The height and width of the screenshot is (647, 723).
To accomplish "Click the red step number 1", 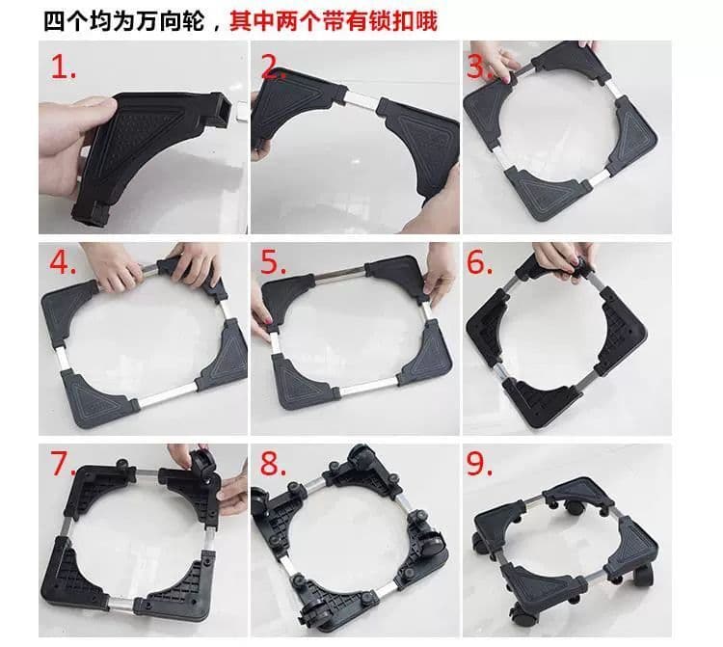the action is pyautogui.click(x=64, y=67).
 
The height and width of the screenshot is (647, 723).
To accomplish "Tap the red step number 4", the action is pyautogui.click(x=63, y=263).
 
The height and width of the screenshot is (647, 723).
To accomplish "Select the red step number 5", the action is pyautogui.click(x=274, y=263).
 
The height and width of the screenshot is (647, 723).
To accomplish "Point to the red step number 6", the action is pyautogui.click(x=480, y=263).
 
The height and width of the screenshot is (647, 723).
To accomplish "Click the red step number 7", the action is pyautogui.click(x=64, y=465).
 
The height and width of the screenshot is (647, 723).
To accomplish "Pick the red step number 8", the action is pyautogui.click(x=274, y=465).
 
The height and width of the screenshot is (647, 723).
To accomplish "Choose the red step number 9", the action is pyautogui.click(x=480, y=465).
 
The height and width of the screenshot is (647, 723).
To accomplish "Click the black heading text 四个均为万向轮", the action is pyautogui.click(x=124, y=21).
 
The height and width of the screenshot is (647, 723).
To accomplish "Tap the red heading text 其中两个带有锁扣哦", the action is pyautogui.click(x=334, y=21).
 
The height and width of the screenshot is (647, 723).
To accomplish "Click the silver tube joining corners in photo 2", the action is pyautogui.click(x=361, y=99).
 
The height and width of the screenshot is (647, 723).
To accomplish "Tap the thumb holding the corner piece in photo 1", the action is pyautogui.click(x=94, y=107).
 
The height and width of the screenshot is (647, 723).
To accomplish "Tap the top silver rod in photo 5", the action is pyautogui.click(x=340, y=272).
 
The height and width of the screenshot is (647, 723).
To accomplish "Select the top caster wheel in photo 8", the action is pyautogui.click(x=361, y=456).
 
